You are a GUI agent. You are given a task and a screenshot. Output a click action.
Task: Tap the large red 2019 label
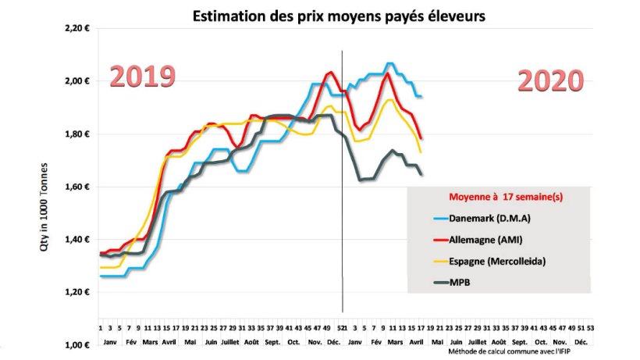click(x=142, y=77)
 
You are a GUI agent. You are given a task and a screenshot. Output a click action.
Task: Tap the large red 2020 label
click(x=550, y=80)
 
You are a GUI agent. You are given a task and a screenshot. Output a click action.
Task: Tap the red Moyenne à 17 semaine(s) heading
click(x=505, y=196)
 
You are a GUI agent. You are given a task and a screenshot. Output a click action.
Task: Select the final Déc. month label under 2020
click(x=581, y=343)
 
